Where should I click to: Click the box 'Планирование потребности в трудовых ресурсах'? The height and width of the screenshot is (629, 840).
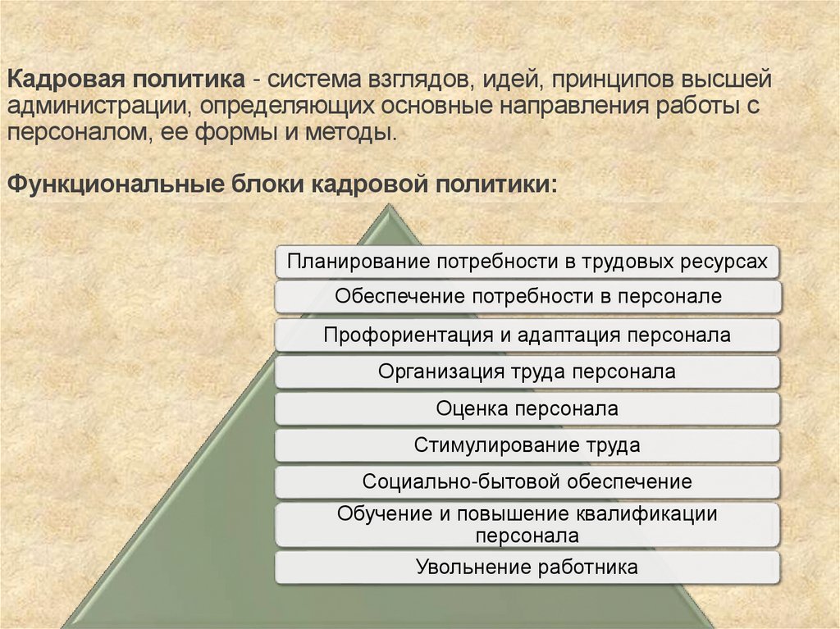tap(527, 262)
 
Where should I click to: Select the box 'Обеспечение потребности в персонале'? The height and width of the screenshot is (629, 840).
tap(527, 296)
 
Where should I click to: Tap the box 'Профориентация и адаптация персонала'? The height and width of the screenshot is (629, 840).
tap(527, 335)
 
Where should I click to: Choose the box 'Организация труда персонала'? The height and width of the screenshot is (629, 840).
tap(527, 371)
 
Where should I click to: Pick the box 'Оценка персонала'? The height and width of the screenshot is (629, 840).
tap(527, 408)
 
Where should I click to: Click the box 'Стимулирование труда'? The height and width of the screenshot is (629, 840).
tap(527, 446)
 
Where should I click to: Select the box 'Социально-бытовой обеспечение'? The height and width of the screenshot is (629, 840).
tap(527, 482)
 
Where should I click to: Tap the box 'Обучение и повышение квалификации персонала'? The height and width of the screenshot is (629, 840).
tap(527, 525)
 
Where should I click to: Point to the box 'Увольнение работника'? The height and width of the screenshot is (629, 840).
tap(527, 567)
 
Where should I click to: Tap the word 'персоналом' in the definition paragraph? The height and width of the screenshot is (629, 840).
tap(73, 133)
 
